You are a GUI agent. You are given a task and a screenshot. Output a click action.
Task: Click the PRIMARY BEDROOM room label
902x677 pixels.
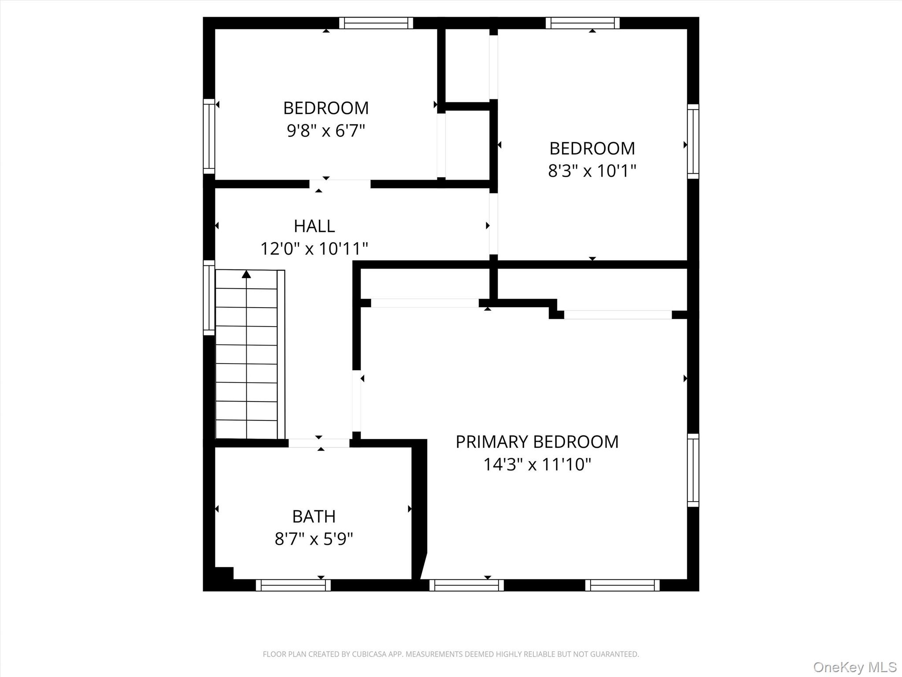pyautogui.click(x=537, y=442)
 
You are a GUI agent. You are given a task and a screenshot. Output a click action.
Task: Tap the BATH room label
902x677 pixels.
pyautogui.click(x=314, y=516)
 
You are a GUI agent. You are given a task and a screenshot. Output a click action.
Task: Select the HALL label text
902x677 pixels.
pyautogui.click(x=314, y=226)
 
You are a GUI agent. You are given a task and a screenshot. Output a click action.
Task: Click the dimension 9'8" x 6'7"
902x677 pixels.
pyautogui.click(x=326, y=130)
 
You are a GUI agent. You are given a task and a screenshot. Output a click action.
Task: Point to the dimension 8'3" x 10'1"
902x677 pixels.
pyautogui.click(x=592, y=171)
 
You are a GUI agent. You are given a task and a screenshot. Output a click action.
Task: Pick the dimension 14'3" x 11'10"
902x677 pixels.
pyautogui.click(x=537, y=465)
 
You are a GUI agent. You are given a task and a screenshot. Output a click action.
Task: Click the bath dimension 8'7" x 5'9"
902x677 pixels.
pyautogui.click(x=314, y=539)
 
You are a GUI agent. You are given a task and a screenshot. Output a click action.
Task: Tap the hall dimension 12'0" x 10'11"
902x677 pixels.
pyautogui.click(x=314, y=249)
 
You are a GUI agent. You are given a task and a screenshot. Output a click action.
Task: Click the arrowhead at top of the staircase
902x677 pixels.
pyautogui.click(x=246, y=275)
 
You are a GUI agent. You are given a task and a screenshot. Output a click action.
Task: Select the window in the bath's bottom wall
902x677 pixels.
pyautogui.click(x=293, y=585)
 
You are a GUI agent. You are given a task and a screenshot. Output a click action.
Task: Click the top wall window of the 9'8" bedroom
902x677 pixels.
pyautogui.click(x=376, y=23)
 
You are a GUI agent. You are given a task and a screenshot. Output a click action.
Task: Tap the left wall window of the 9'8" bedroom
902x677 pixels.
pyautogui.click(x=209, y=136)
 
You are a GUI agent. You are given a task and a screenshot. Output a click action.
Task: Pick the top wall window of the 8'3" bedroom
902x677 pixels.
pyautogui.click(x=582, y=23)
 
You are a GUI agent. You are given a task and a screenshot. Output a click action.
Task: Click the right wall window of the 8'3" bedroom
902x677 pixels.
pyautogui.click(x=693, y=141)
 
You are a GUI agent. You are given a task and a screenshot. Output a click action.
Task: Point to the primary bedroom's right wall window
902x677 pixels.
pyautogui.click(x=693, y=470)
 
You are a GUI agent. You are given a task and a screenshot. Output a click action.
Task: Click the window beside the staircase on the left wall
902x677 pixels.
pyautogui.click(x=209, y=298)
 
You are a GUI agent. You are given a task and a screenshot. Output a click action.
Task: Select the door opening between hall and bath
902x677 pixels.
pyautogui.click(x=319, y=443)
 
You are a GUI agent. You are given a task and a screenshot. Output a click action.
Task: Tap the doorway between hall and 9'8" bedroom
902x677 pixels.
pyautogui.click(x=340, y=184)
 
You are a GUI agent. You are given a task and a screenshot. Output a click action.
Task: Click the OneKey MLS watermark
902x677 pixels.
pyautogui.click(x=854, y=667)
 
